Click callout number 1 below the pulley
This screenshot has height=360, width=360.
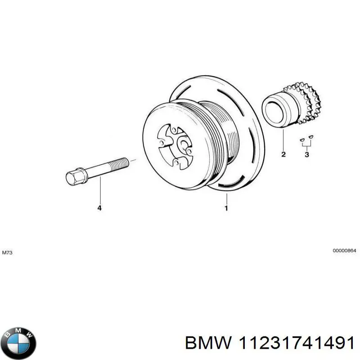[x=226, y=208]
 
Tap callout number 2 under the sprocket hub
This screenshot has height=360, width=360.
[x=283, y=154]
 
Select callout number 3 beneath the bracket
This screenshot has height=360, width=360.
[x=307, y=154]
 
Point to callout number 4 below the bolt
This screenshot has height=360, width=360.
[x=99, y=208]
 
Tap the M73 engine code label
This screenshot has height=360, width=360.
[x=7, y=252]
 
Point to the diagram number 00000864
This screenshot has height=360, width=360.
[x=344, y=251]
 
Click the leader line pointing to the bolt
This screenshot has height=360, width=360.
[x=100, y=190]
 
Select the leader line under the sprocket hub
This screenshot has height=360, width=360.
[x=283, y=139]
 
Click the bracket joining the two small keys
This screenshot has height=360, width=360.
[x=306, y=144]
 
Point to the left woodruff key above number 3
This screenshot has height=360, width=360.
[x=302, y=139]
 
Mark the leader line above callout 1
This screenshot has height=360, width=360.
[x=227, y=198]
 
